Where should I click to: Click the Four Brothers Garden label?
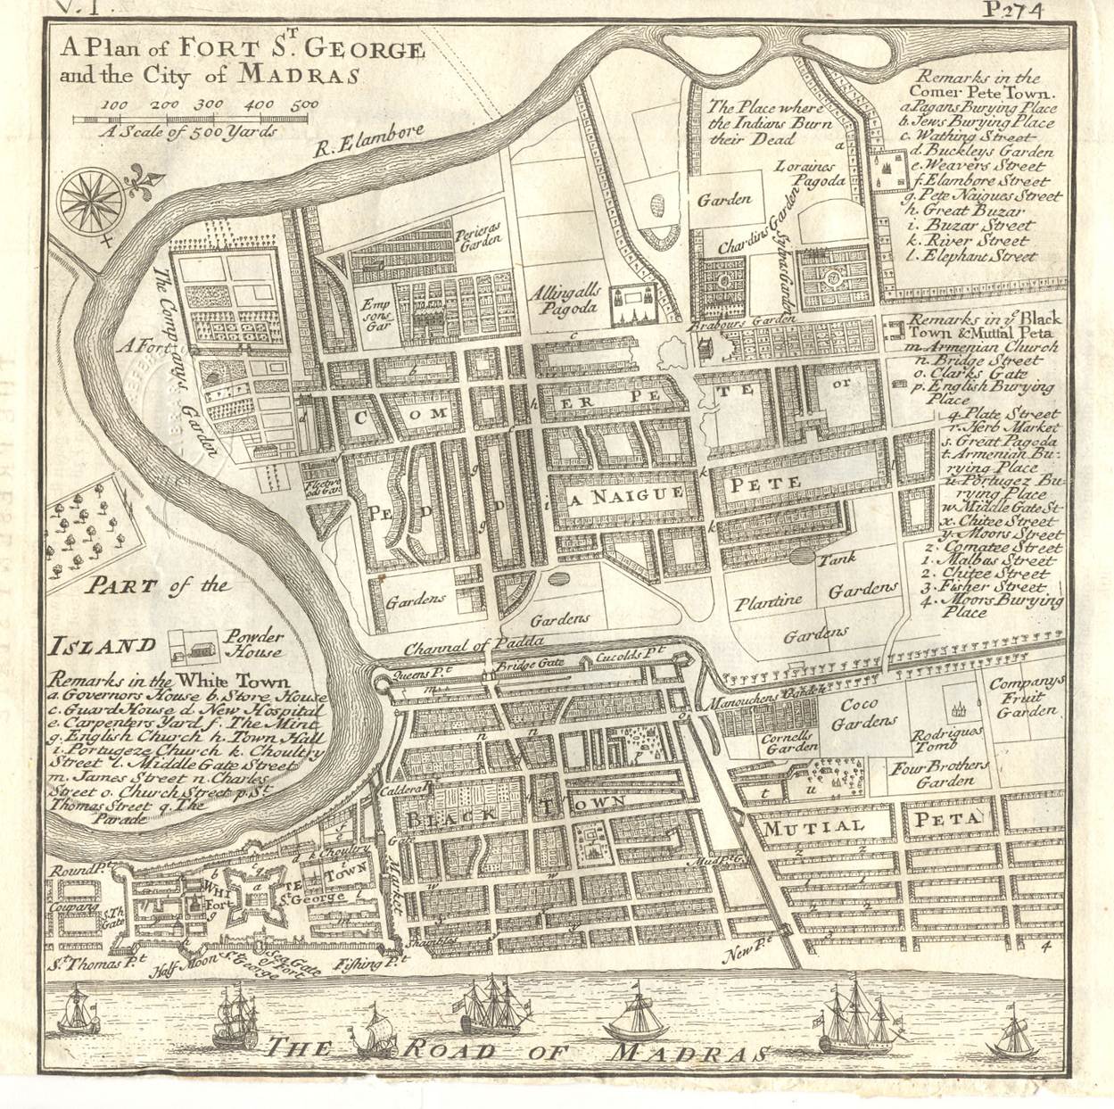pos(940,773)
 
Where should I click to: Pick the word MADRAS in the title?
pos(298,73)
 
